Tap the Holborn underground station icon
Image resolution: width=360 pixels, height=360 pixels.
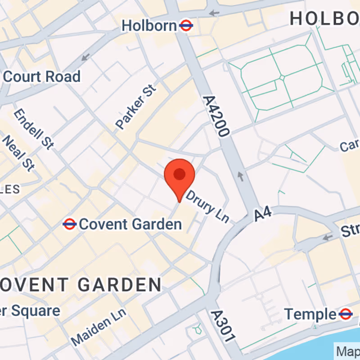click(x=186, y=26)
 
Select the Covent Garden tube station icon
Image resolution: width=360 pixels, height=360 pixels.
click(x=69, y=224)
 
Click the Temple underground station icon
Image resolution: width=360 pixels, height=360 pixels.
click(x=346, y=314)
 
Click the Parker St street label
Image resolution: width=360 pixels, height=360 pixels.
click(x=135, y=107)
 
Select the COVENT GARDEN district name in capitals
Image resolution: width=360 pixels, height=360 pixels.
click(x=81, y=284)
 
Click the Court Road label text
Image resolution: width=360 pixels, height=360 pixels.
click(x=42, y=76)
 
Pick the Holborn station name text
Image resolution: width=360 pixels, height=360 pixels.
click(x=149, y=26)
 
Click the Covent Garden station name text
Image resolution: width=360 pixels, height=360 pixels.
click(x=130, y=224)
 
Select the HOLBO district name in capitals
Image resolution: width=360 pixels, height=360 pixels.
click(x=324, y=18)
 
